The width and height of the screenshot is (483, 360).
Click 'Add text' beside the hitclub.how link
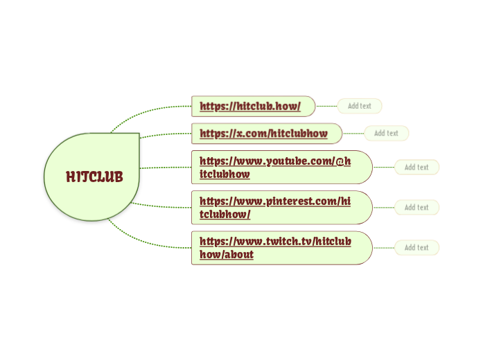(x=360, y=106)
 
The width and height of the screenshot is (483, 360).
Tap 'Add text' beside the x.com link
(x=386, y=133)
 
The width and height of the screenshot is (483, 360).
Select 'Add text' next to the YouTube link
(x=416, y=167)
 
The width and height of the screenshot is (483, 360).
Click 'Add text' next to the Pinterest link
(x=416, y=207)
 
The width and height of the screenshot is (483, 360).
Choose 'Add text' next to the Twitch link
(x=416, y=247)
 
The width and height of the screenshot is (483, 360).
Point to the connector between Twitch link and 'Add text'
(x=383, y=247)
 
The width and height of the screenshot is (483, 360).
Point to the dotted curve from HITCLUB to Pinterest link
(x=163, y=206)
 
